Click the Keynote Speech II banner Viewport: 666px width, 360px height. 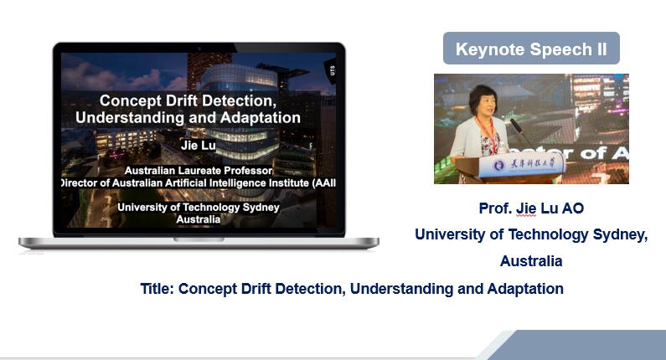tap(531, 49)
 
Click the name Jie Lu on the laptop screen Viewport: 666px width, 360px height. tap(199, 145)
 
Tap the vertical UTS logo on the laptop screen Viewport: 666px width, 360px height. tap(332, 70)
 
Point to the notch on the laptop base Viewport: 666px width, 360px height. tap(199, 239)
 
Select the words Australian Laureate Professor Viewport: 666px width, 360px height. tap(199, 171)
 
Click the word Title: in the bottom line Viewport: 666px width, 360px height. tap(157, 289)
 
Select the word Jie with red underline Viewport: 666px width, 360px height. tap(526, 208)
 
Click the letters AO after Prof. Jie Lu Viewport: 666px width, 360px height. tap(573, 208)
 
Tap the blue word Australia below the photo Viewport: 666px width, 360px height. tap(531, 260)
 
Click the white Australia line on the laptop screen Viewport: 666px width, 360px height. tap(199, 219)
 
